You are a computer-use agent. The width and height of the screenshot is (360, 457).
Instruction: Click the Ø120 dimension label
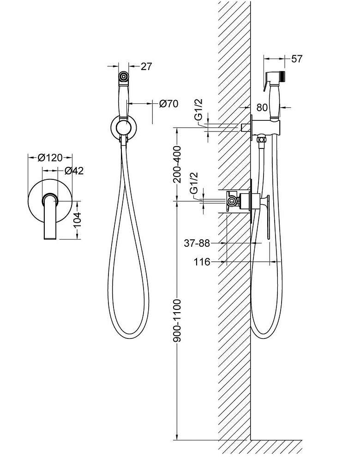(x=50, y=158)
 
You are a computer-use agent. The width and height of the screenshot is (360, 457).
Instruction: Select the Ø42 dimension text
(x=74, y=171)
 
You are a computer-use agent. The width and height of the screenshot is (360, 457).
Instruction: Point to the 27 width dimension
(x=146, y=66)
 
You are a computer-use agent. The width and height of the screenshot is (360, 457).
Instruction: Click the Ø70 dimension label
(x=168, y=104)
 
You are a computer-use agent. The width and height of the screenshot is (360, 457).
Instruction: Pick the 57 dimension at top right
(x=297, y=59)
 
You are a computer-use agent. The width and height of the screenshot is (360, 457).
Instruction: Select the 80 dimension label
(x=262, y=108)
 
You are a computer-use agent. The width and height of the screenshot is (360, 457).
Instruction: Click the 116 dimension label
(x=203, y=262)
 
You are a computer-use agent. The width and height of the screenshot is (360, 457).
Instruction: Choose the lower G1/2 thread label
(x=194, y=183)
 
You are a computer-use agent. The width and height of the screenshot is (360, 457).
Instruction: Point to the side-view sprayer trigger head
(x=276, y=78)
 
